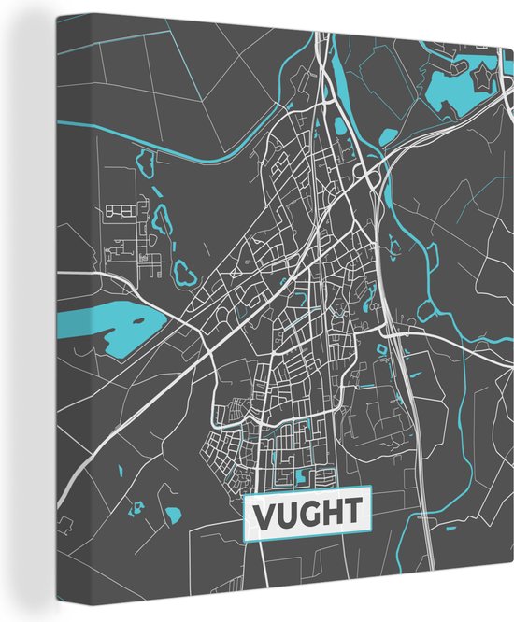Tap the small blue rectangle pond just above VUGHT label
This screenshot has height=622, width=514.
coord(300,476)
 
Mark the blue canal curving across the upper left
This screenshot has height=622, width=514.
coord(187,155)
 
